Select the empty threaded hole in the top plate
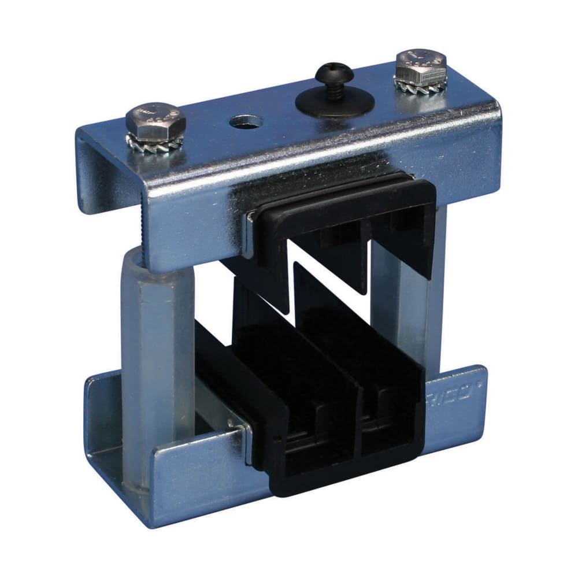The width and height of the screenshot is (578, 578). [246, 121]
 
